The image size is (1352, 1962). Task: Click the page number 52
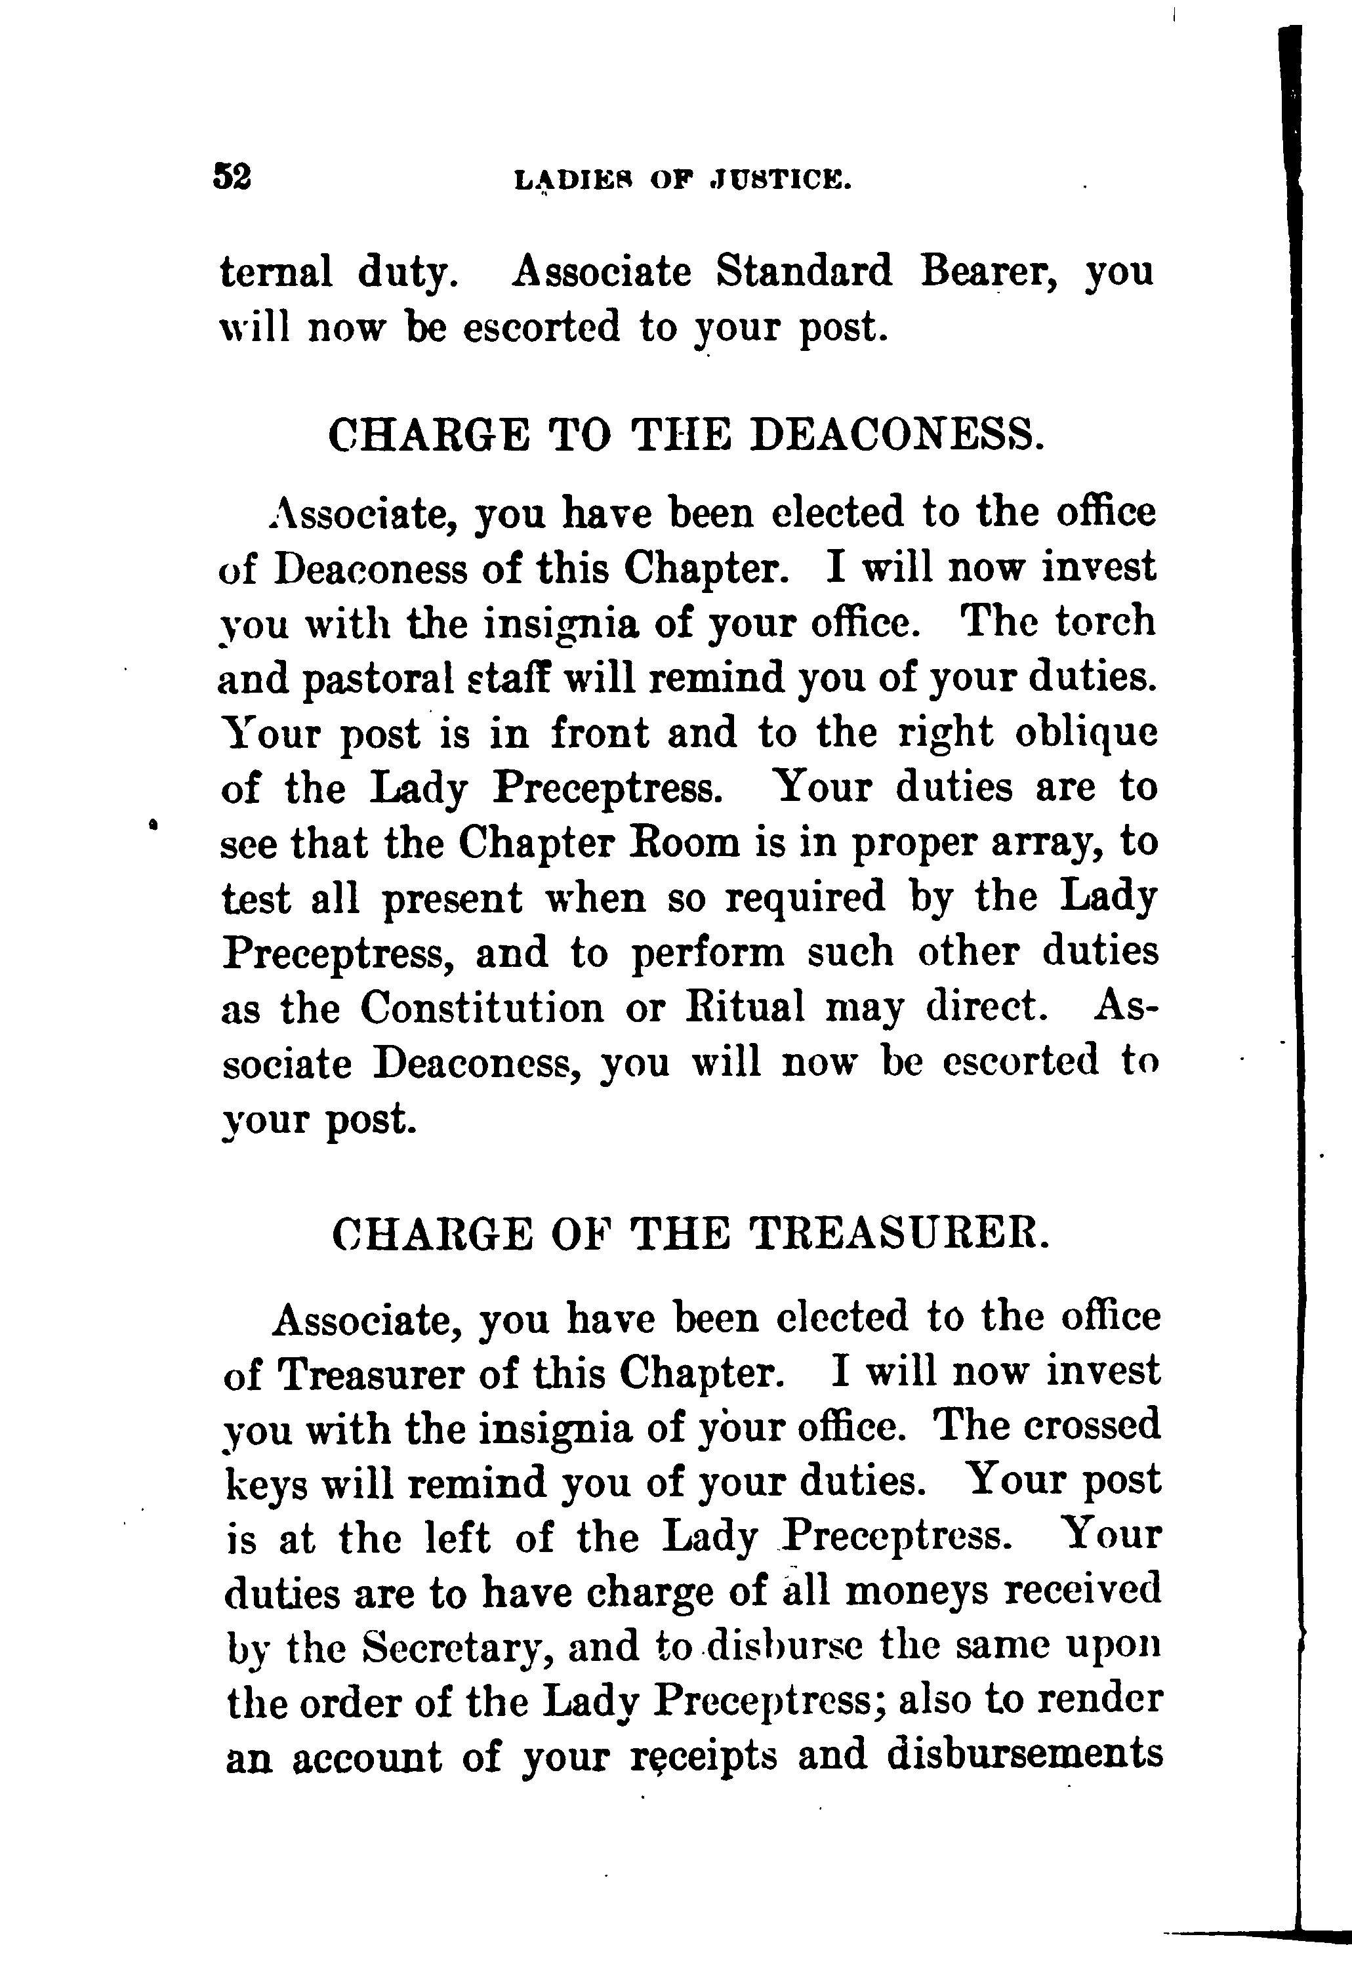click(x=232, y=177)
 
